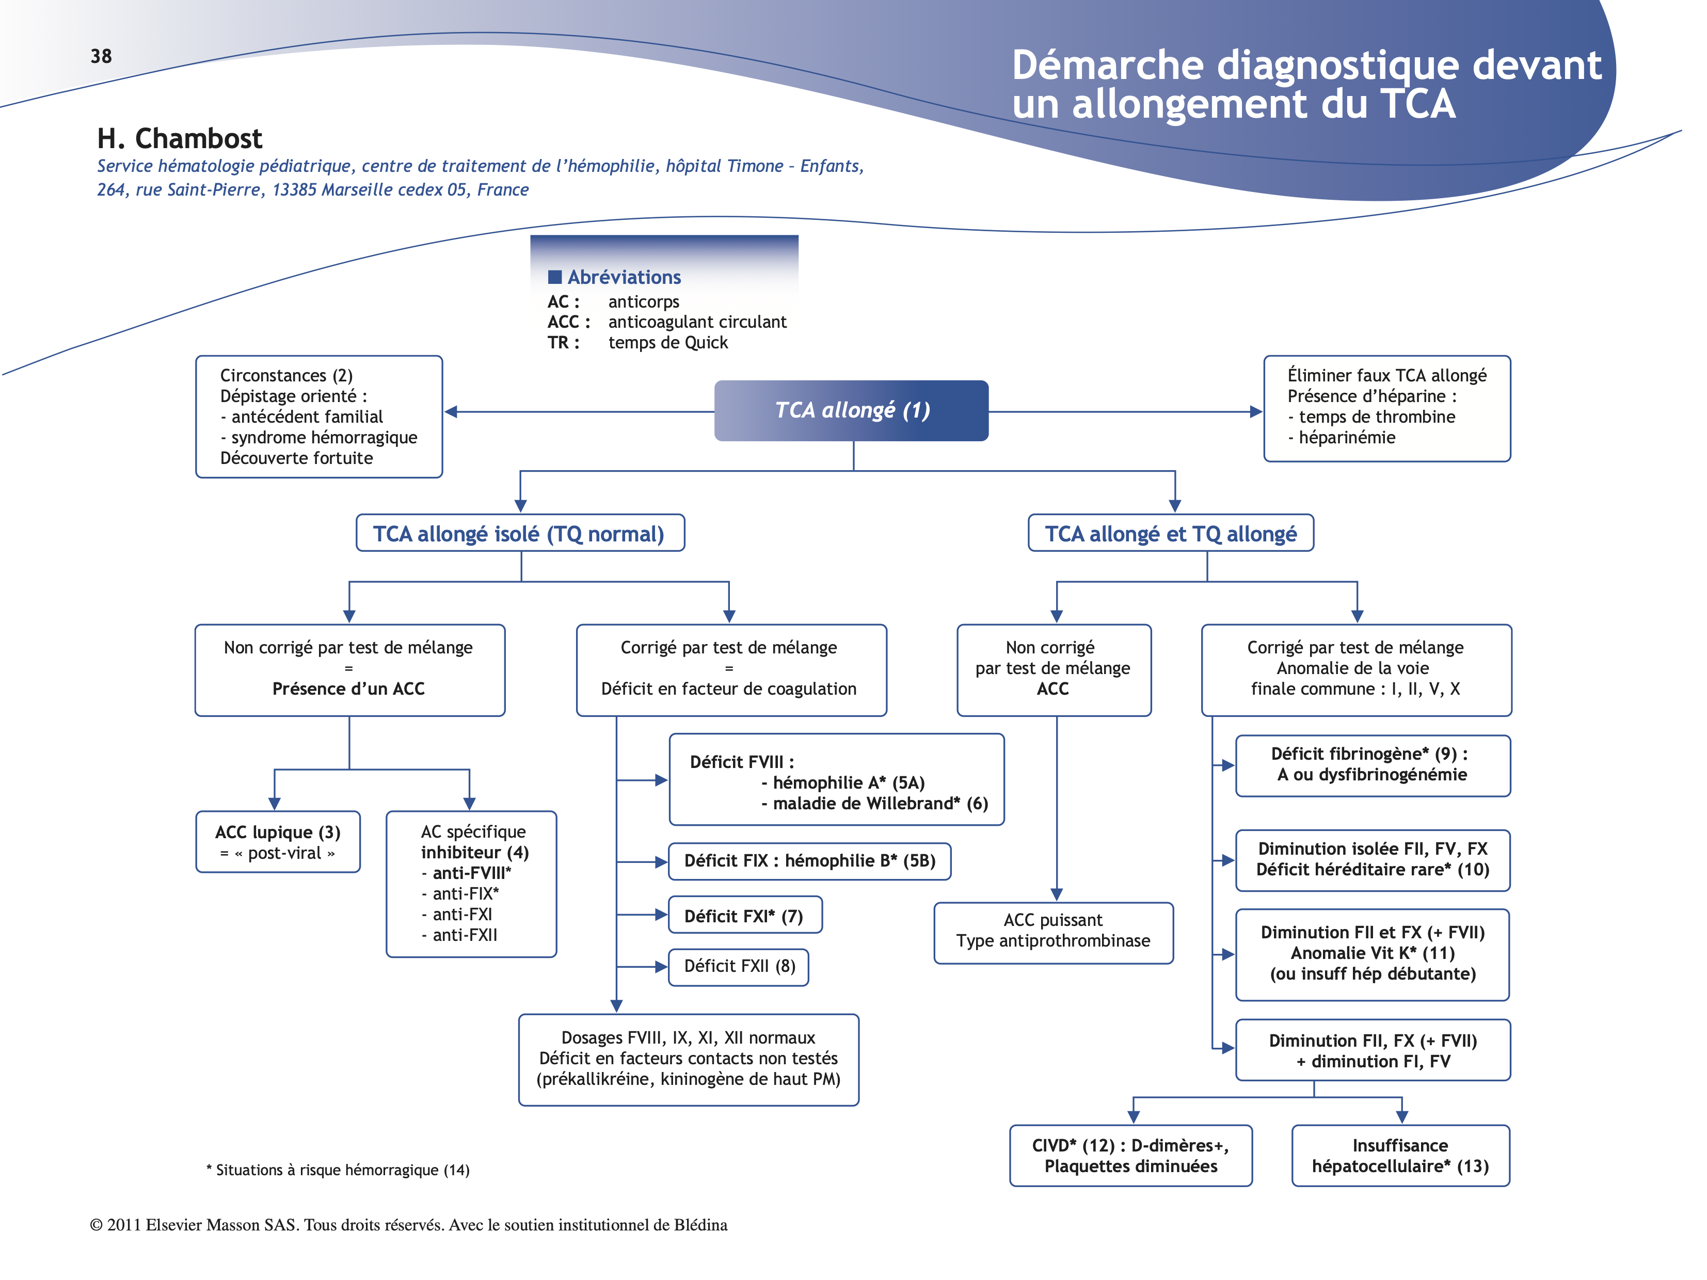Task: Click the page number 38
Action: (x=101, y=56)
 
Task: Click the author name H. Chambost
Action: (x=179, y=139)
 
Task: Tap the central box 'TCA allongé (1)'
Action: (x=851, y=410)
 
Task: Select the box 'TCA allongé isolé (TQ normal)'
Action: (x=519, y=533)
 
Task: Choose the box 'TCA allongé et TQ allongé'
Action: (x=1170, y=533)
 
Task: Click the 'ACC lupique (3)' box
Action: (x=278, y=842)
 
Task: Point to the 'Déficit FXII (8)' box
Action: (x=739, y=967)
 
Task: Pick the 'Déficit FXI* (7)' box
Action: (x=745, y=916)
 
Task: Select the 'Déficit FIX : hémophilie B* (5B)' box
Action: (x=809, y=861)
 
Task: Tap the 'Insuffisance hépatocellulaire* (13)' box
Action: (x=1400, y=1156)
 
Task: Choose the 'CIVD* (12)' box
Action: (x=1130, y=1156)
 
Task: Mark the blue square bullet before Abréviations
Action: (x=555, y=277)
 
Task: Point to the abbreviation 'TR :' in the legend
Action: (x=563, y=343)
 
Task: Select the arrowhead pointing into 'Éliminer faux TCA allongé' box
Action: (x=1255, y=412)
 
